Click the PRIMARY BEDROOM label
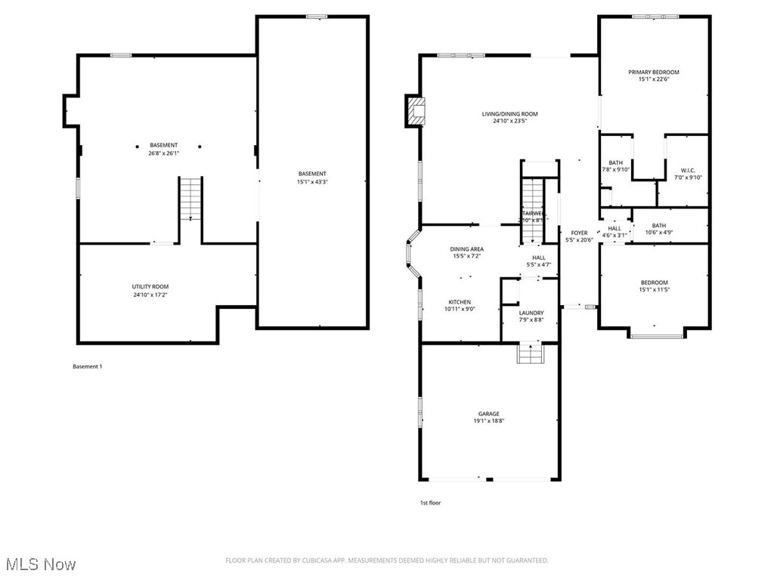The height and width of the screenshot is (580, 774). coord(654,72)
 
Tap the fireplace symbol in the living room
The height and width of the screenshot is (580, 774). coord(415,111)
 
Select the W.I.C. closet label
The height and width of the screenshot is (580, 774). coord(687,170)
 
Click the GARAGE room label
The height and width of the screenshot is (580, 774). coord(488,414)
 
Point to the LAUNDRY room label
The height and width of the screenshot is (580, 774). coord(531,313)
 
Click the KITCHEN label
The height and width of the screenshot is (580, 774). coord(459,301)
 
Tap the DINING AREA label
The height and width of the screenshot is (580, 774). coord(466,249)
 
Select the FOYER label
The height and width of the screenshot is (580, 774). coord(579,233)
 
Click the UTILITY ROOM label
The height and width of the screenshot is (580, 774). coord(150,286)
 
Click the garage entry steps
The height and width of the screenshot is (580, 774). coord(530,353)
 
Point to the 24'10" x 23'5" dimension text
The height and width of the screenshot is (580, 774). coord(509,121)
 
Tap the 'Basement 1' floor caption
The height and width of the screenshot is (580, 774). coord(87,366)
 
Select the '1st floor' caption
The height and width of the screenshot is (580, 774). coord(430,502)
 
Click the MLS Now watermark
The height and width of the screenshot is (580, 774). coord(39,564)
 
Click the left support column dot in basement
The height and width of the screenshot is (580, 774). coord(138,147)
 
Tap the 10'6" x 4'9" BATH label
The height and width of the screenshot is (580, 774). coord(659,232)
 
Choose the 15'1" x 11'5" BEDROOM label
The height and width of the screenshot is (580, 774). coord(654,289)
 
